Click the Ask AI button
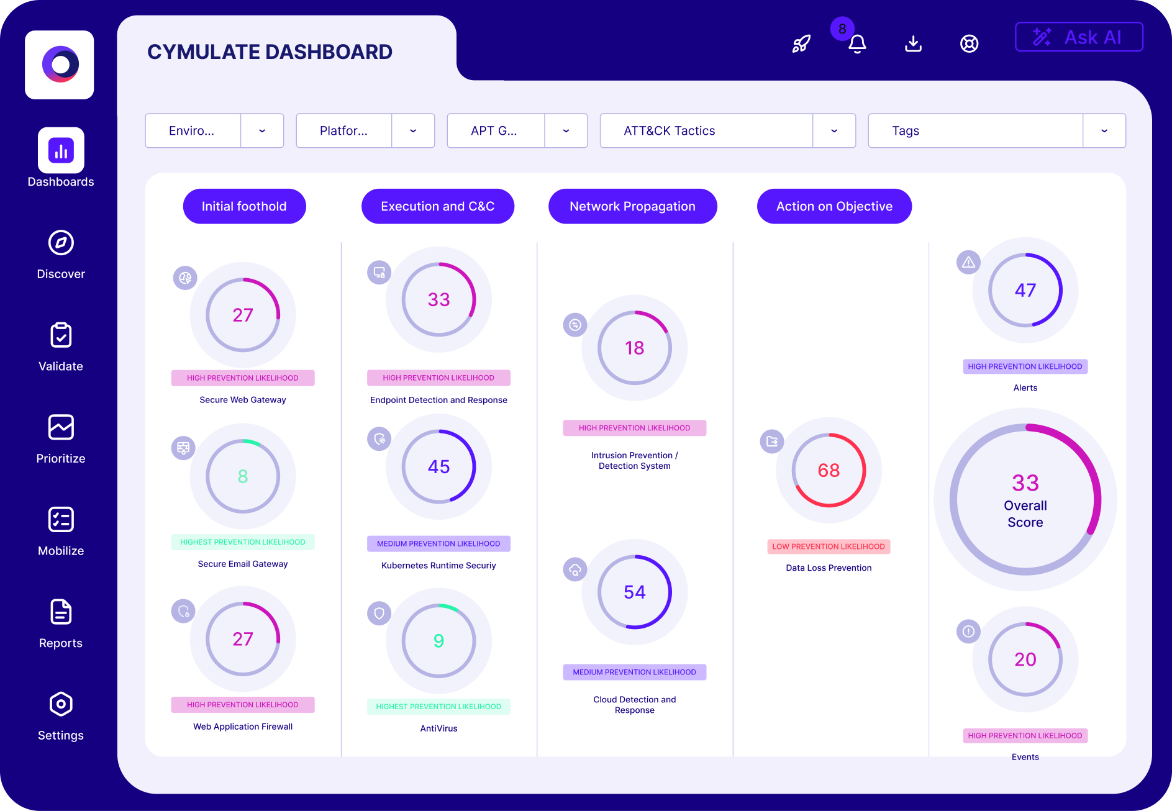point(1079,37)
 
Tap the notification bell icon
point(857,44)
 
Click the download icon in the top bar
point(913,43)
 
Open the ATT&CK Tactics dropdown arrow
point(834,131)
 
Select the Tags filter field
point(975,131)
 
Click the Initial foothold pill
point(244,206)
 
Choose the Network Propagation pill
point(632,206)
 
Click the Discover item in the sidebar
point(61,255)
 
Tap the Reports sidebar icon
point(61,612)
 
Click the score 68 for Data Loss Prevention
point(829,470)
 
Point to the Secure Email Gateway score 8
point(243,476)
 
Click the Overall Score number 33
point(1025,483)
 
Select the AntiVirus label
point(438,728)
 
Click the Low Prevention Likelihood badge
point(829,546)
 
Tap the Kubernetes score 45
point(438,466)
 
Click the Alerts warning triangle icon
point(968,263)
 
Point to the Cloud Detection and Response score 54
point(634,592)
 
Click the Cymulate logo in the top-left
point(60,65)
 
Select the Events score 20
point(1025,659)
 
